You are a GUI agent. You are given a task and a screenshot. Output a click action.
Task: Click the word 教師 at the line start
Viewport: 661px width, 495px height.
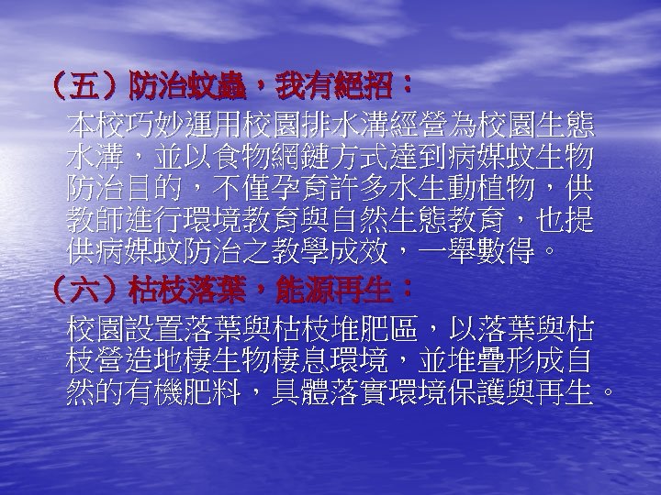click(x=95, y=221)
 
